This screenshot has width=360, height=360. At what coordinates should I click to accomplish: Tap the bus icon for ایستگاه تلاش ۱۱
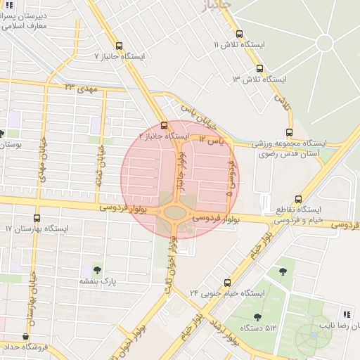[x=239, y=33]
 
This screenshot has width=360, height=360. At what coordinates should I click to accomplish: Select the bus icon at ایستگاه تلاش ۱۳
[x=259, y=69]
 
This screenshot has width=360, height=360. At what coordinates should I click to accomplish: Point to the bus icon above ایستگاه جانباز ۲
[x=164, y=125]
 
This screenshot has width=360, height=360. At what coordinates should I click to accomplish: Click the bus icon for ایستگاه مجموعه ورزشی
[x=289, y=132]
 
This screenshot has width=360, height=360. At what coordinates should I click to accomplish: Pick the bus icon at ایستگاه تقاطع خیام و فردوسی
[x=299, y=199]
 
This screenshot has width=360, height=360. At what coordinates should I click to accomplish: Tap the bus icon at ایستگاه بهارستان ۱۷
[x=37, y=218]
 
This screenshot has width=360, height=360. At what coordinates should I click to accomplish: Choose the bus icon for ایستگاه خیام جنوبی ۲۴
[x=227, y=282]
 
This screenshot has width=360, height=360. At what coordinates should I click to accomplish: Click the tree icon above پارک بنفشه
[x=96, y=270]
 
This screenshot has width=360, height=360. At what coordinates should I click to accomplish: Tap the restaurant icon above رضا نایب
[x=345, y=314]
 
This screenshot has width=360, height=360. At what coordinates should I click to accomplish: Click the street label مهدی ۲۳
[x=79, y=87]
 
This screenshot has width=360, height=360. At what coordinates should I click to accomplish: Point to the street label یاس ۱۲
[x=210, y=141]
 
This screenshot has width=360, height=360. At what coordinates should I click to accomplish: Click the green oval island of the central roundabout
[x=175, y=212]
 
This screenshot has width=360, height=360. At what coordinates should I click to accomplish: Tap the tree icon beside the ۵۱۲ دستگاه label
[x=257, y=317]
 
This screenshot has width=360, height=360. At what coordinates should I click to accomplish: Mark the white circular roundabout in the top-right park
[x=324, y=43]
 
